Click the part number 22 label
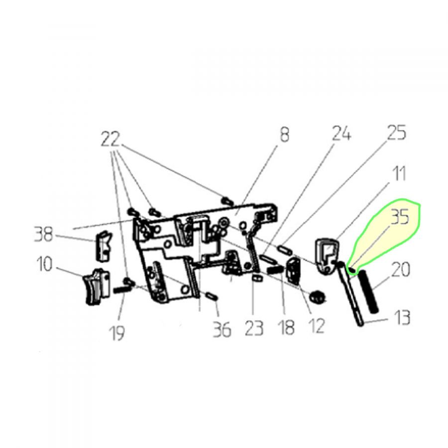[x=110, y=139]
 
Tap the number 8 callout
[x=284, y=134]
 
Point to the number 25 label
[x=396, y=132]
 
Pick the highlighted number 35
[x=400, y=217]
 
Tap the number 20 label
[x=400, y=270]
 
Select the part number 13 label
[x=402, y=318]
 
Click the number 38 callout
[x=44, y=234]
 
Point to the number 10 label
[x=45, y=264]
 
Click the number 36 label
[x=222, y=330]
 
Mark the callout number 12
[x=317, y=326]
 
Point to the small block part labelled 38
[x=103, y=246]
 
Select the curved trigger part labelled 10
[x=97, y=287]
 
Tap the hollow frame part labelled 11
[x=328, y=255]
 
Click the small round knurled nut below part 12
[x=317, y=298]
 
